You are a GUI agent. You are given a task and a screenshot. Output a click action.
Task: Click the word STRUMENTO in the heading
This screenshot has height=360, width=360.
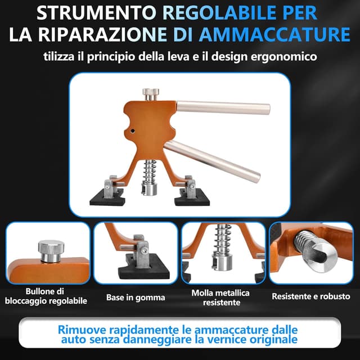96,13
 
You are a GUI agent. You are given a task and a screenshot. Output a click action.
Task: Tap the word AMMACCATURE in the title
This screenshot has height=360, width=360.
274,35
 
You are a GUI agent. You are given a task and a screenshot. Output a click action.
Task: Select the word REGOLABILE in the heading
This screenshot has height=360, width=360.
219,13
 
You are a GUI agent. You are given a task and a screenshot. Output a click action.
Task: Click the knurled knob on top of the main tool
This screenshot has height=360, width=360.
151,94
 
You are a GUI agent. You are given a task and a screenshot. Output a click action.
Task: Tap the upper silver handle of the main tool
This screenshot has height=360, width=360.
223,107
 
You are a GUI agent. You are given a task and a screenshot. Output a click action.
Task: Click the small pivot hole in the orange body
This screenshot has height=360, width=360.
133,131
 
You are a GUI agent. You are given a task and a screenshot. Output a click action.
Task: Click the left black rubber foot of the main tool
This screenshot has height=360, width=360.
107,197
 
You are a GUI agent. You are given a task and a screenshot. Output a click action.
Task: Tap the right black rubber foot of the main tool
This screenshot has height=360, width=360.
192,197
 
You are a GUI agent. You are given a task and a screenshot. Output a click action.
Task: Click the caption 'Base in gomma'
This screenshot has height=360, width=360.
136,298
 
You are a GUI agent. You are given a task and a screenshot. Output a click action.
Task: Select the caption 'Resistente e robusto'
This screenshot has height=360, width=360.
311,296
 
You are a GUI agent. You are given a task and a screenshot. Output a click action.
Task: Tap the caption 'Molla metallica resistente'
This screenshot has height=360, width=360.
220,298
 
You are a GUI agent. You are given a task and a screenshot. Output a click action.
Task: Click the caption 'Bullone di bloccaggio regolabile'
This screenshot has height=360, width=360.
46,296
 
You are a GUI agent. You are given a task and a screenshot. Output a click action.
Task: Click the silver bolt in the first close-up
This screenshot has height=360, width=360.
51,251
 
